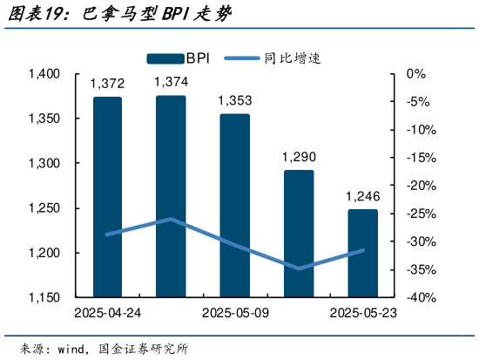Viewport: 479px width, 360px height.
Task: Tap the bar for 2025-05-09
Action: tap(235, 206)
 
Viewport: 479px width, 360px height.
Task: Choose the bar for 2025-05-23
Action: tap(362, 253)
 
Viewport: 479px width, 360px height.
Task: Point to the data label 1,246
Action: tap(362, 195)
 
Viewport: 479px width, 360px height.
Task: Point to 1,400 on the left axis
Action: tap(44, 74)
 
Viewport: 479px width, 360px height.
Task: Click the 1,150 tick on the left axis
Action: tap(44, 298)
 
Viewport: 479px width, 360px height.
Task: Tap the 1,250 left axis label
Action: tap(44, 208)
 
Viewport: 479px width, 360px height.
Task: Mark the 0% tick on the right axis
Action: tap(415, 74)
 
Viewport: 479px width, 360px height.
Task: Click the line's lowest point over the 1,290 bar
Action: tap(299, 268)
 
